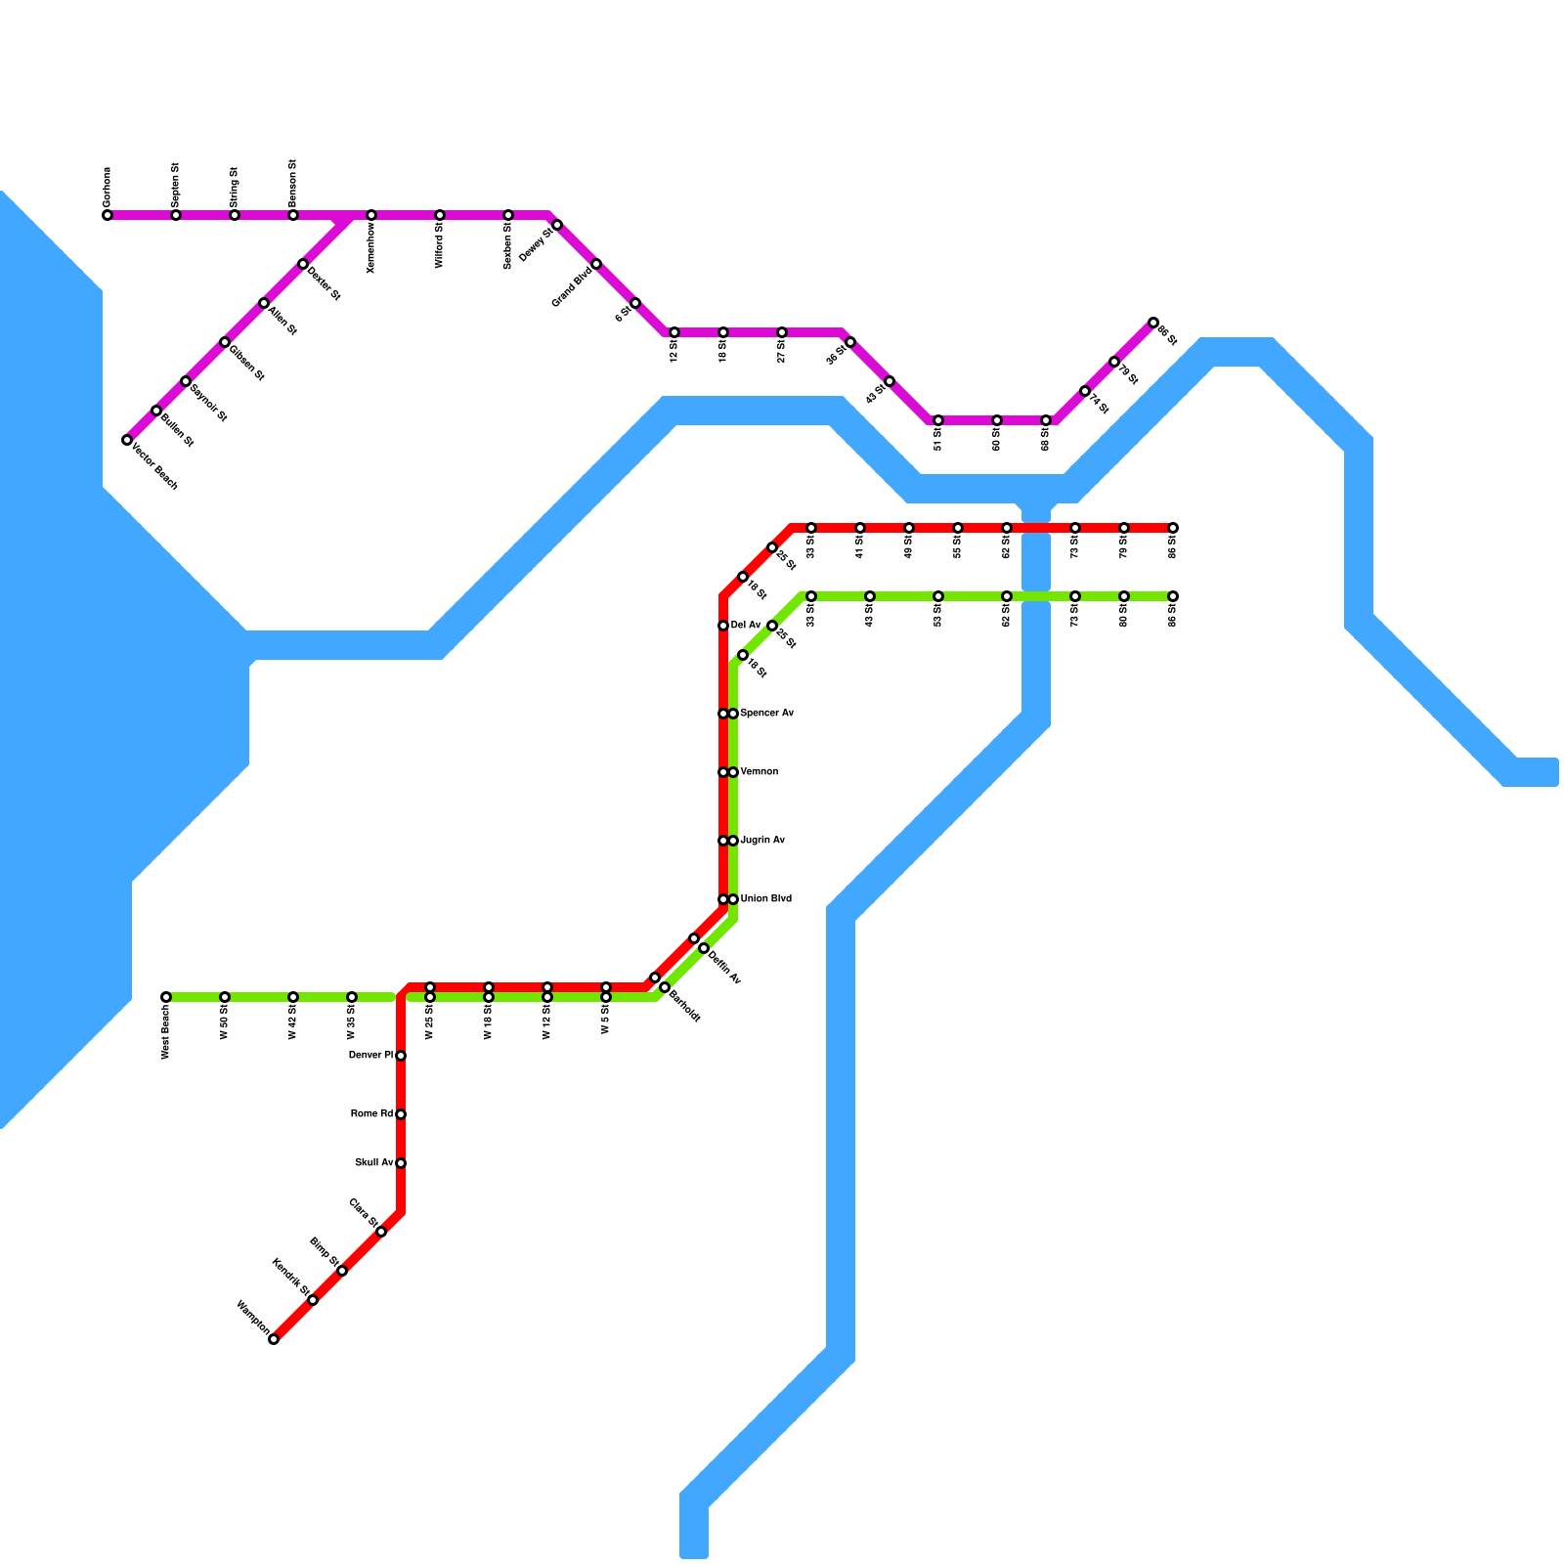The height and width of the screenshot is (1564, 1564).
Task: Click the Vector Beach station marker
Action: pos(127,440)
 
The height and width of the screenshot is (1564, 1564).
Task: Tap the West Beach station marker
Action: pos(166,997)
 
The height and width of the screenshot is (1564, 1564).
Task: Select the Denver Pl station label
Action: pos(371,1056)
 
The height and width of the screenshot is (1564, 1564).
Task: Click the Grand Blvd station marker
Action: pos(596,264)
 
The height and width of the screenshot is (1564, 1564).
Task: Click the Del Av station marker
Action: pos(723,626)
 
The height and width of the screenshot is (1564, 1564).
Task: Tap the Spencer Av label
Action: pos(766,714)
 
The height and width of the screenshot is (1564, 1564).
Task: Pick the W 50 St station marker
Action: pos(225,997)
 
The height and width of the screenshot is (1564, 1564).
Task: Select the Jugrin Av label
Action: pos(762,841)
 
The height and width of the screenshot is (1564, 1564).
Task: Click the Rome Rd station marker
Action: pos(401,1114)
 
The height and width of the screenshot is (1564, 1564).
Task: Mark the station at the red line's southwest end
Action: pos(274,1339)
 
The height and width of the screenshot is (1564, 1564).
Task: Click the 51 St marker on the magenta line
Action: pos(938,420)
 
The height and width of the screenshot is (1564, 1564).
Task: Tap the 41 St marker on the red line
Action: pos(860,528)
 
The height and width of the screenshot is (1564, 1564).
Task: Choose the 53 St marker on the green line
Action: pos(938,596)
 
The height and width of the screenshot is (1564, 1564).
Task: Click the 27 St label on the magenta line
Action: pos(782,353)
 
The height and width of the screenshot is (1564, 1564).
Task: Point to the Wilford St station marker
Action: pos(440,215)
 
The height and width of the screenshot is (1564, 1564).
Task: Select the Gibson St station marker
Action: pos(225,342)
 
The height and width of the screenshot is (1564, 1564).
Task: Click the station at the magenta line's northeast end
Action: pos(1153,323)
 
